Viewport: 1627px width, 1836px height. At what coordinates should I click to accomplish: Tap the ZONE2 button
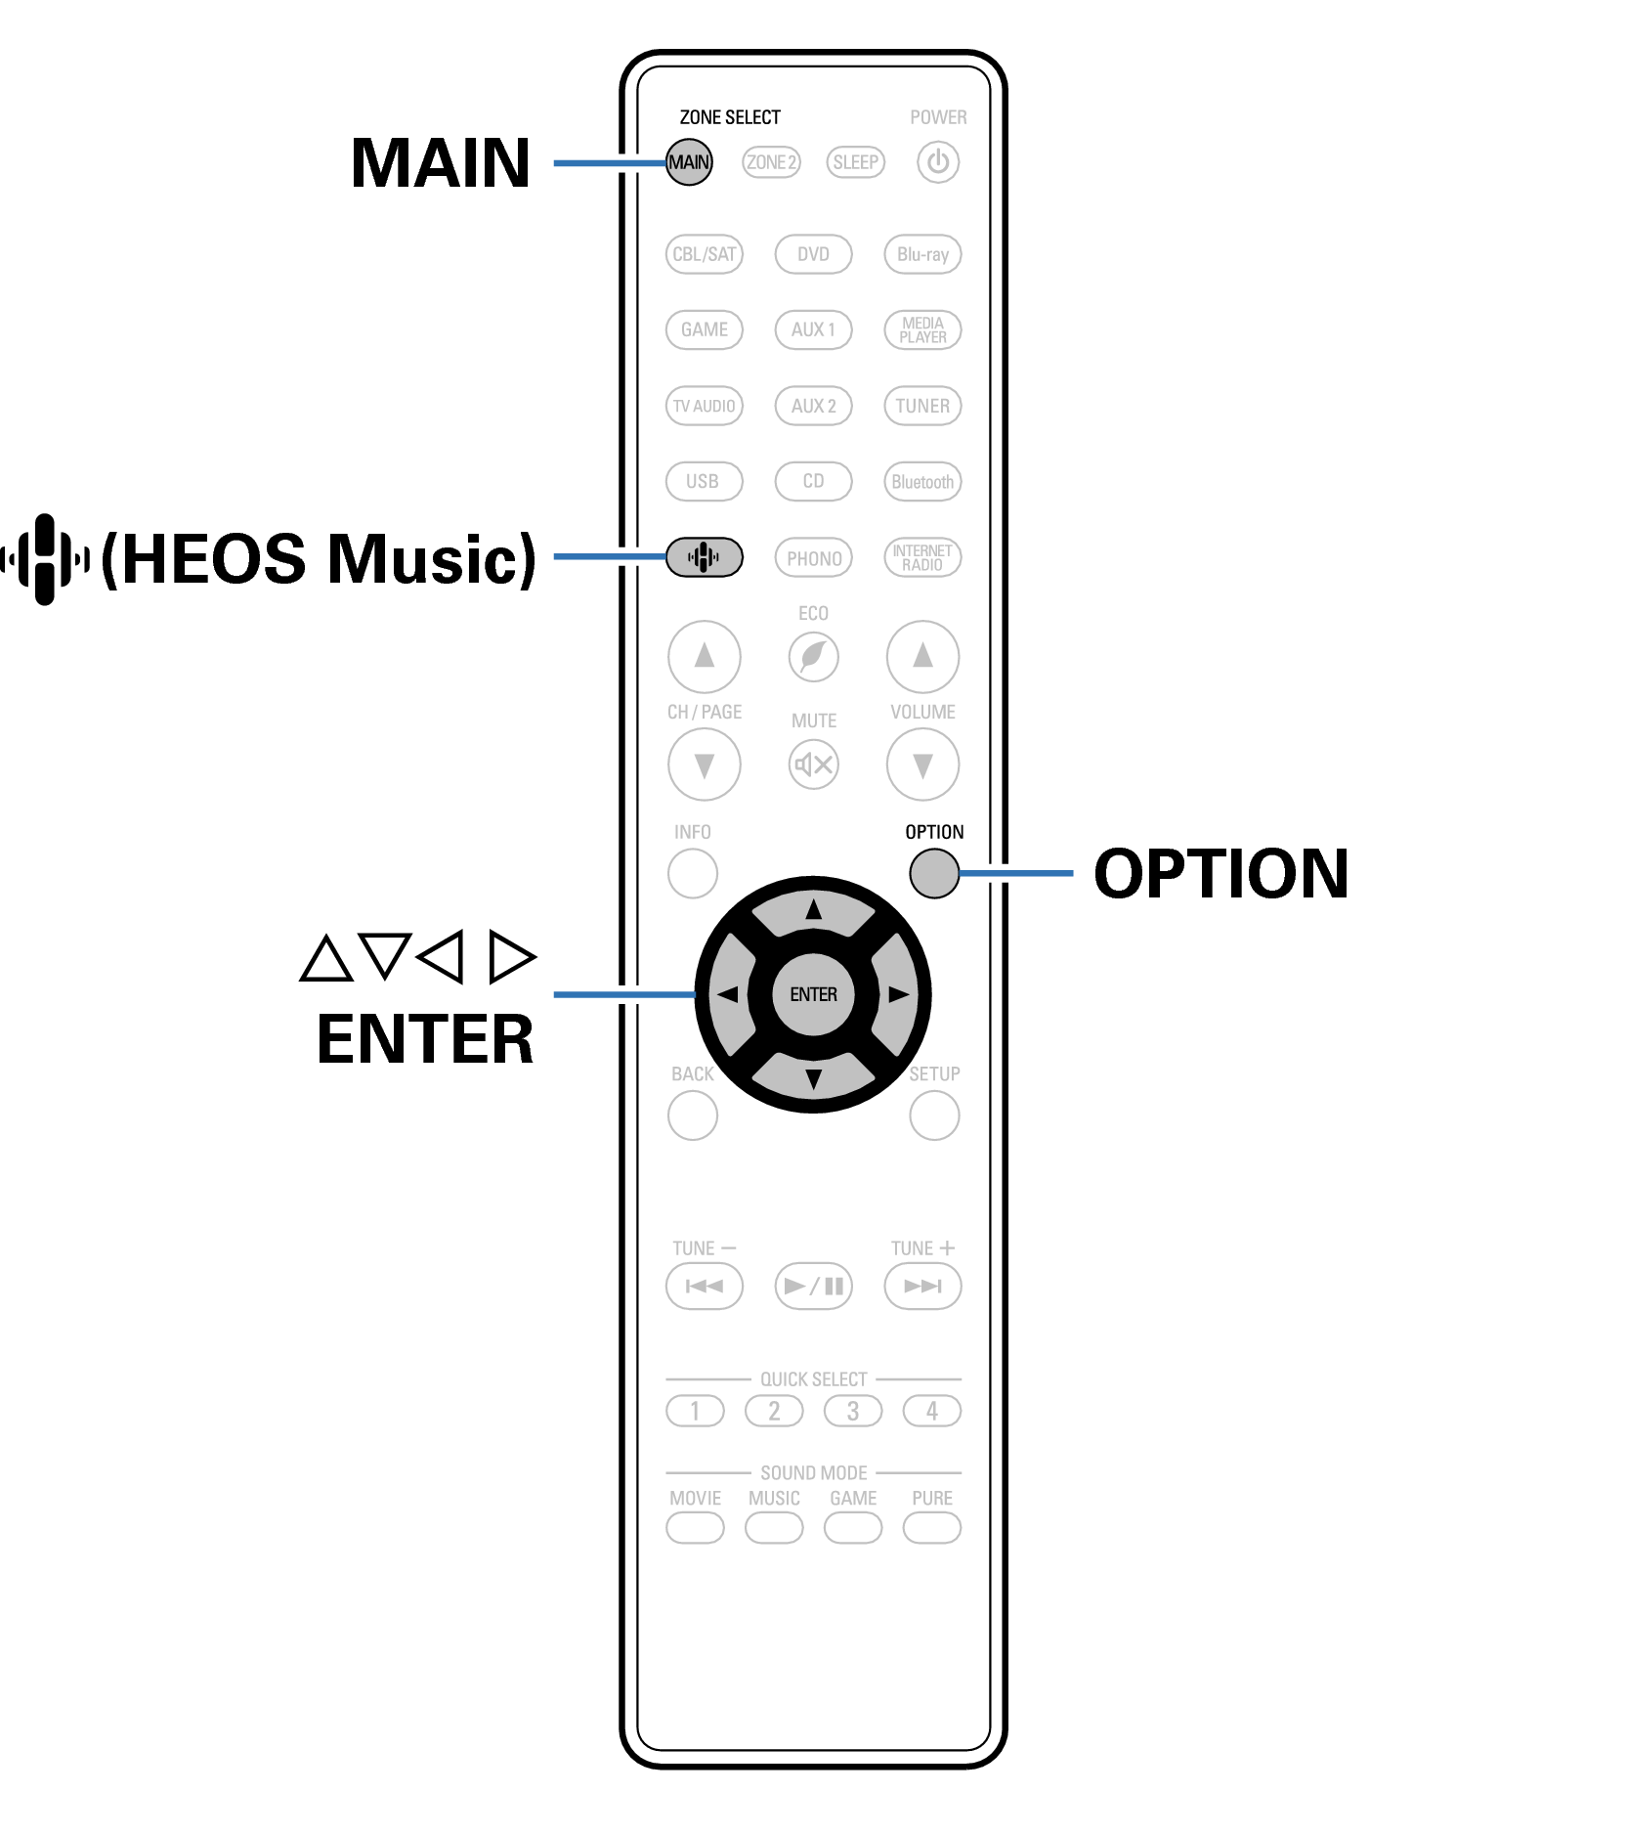771,162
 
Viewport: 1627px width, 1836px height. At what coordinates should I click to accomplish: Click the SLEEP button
855,162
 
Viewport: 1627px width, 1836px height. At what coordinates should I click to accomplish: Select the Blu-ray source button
922,254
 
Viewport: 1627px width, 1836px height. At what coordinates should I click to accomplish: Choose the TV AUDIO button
704,406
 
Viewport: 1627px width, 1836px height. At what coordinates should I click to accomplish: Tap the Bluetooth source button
922,482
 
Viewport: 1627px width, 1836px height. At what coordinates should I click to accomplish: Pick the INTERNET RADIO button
922,557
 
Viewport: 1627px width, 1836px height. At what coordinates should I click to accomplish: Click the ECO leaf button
813,656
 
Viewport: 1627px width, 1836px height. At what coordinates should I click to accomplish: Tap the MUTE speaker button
813,765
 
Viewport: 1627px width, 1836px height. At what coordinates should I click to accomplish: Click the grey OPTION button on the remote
934,873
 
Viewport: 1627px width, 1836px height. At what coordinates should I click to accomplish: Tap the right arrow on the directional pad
897,995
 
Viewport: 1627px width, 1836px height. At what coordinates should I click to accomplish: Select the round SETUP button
934,1115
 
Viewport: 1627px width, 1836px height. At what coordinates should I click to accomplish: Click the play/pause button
813,1286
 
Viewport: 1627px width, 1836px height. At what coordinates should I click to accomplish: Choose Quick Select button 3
853,1411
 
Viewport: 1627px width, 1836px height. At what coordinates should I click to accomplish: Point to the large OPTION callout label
1220,873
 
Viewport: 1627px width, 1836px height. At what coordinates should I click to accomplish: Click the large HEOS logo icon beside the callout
45,559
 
